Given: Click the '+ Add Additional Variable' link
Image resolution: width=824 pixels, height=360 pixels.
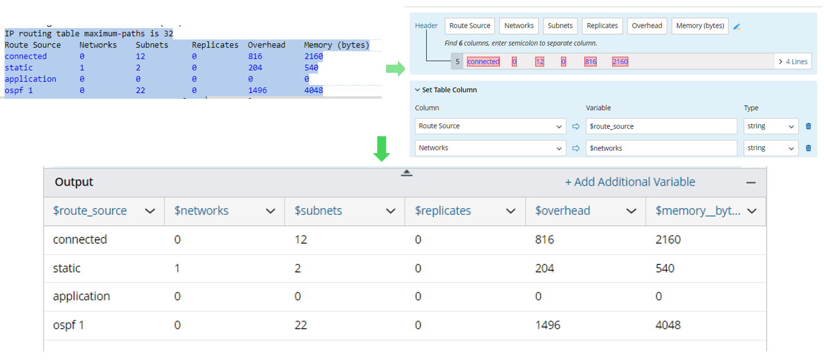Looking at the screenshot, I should (630, 182).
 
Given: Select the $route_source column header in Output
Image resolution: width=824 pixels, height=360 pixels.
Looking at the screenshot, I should (90, 211).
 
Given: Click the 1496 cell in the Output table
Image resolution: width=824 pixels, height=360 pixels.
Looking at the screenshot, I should (547, 325).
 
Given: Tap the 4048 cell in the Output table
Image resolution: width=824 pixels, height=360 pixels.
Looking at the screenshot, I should (668, 325).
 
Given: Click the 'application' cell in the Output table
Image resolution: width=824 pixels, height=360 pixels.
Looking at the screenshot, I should (81, 296).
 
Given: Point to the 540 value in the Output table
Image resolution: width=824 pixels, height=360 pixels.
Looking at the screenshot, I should (665, 268).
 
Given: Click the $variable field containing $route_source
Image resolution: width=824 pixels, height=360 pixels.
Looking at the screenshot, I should (661, 126).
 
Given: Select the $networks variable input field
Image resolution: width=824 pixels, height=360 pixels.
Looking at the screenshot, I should (661, 148).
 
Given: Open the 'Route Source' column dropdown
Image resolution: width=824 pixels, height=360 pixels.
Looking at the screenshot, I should (491, 126).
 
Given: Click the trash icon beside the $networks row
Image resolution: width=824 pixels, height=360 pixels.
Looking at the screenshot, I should (808, 148).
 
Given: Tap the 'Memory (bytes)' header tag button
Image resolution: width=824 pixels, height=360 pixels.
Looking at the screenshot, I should (700, 26).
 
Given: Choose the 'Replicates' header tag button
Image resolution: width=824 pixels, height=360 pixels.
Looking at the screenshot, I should (603, 26).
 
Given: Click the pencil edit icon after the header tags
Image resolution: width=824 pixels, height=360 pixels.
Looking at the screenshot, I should (737, 26).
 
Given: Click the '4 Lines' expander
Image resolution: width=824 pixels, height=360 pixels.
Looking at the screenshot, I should (793, 61).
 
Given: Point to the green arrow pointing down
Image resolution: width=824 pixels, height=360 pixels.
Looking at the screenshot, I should (382, 148).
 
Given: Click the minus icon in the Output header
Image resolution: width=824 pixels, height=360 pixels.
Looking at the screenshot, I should (751, 182).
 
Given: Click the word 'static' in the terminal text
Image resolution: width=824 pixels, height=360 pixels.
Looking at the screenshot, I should (19, 67).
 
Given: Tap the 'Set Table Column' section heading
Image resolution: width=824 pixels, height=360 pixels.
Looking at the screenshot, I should (449, 90).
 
